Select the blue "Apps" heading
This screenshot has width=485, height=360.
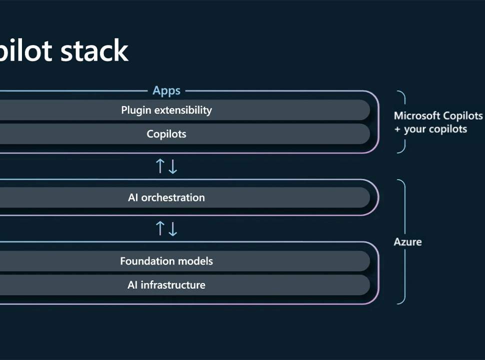click(x=166, y=91)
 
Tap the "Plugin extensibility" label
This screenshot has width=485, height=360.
click(x=166, y=110)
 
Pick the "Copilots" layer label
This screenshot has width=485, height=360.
click(x=166, y=134)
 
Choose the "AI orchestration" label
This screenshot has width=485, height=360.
click(x=166, y=197)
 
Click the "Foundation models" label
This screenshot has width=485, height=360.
click(x=166, y=261)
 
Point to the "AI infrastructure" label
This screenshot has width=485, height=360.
click(x=166, y=285)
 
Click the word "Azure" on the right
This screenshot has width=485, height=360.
click(x=407, y=242)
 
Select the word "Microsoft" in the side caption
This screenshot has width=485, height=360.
click(x=413, y=115)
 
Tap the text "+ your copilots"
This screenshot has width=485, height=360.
click(x=430, y=129)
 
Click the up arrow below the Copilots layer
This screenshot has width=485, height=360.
click(x=160, y=166)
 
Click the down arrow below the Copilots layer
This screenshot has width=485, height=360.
click(x=173, y=166)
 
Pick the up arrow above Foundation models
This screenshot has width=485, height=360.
click(x=160, y=228)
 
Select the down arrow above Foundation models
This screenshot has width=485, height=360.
click(x=173, y=229)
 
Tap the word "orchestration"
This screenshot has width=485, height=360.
click(x=173, y=197)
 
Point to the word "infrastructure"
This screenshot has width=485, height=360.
click(x=173, y=285)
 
